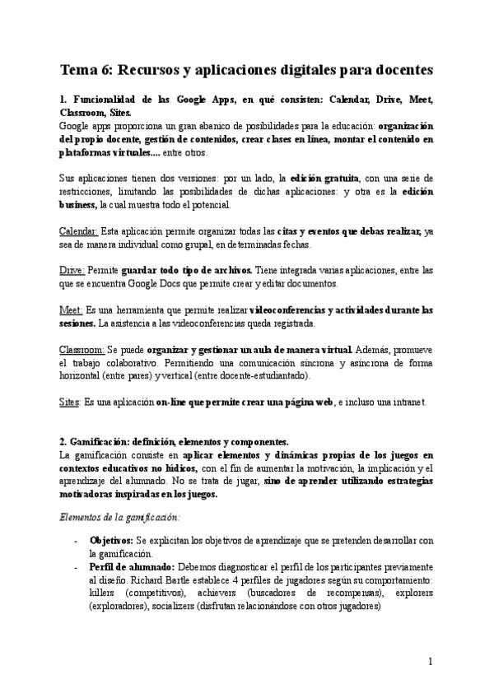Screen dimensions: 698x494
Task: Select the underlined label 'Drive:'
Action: coord(72,270)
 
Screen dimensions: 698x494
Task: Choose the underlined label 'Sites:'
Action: coord(71,402)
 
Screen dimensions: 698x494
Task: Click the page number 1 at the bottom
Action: coord(431,661)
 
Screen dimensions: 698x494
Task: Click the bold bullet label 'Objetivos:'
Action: coord(111,540)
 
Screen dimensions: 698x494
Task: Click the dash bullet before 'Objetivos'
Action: coord(77,540)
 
